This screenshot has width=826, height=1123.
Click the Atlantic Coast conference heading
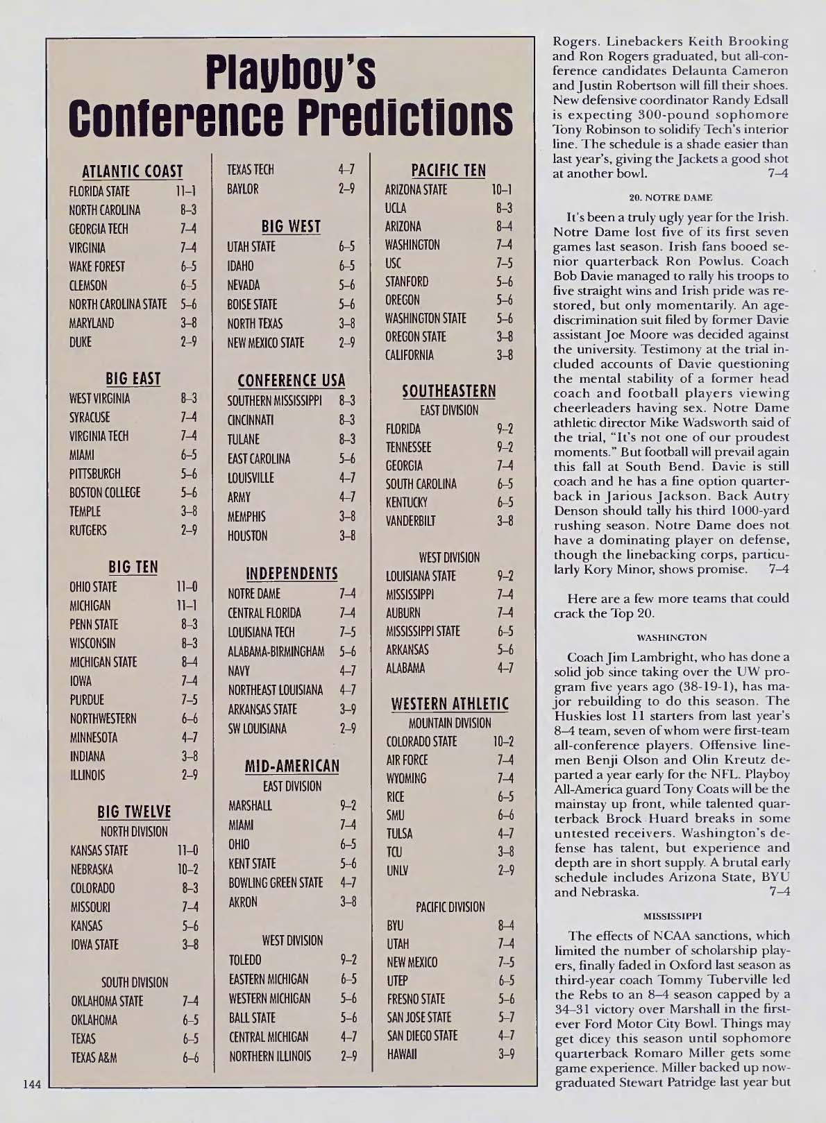pos(133,171)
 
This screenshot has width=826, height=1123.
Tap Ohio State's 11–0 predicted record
pos(187,587)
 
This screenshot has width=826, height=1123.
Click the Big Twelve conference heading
pos(134,812)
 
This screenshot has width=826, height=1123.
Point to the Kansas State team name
pos(99,850)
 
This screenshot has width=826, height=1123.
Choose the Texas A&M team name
pos(94,1058)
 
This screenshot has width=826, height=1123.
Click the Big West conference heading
pos(291,226)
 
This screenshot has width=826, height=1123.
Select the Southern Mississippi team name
pos(275,401)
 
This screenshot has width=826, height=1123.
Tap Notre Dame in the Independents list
pos(254,594)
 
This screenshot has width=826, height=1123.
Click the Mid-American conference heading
pos(292,766)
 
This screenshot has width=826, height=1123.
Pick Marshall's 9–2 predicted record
pos(348,806)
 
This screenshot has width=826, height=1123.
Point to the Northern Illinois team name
pos(270,1056)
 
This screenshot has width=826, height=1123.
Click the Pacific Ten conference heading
pos(448,170)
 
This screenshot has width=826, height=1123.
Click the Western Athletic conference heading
pos(450,704)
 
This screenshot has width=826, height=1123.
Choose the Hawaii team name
pos(402,1054)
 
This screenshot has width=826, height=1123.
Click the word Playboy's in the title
pos(291,76)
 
